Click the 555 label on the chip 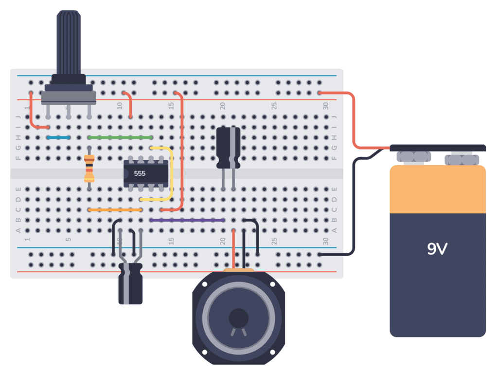point(140,173)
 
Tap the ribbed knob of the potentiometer point(68,44)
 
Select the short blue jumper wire point(58,138)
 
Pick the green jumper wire point(120,138)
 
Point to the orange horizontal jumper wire point(115,210)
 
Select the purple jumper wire point(187,220)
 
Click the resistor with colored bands point(89,168)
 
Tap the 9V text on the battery point(437,249)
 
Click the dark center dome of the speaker point(238,318)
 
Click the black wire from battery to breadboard point(354,205)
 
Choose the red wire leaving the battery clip point(354,122)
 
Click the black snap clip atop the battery point(438,148)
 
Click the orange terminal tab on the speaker point(238,269)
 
